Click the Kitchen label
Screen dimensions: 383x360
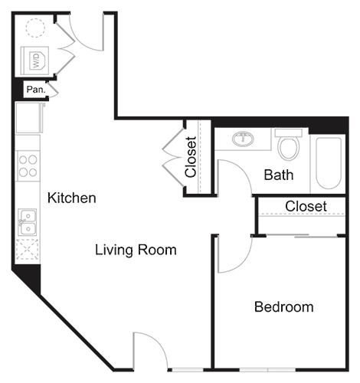tap(72, 198)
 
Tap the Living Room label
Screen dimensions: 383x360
tap(136, 250)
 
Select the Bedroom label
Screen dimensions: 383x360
tap(283, 307)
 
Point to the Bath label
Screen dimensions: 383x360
tap(278, 175)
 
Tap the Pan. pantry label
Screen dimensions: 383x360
tap(35, 90)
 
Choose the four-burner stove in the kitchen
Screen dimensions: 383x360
tap(28, 166)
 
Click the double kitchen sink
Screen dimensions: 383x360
tap(28, 222)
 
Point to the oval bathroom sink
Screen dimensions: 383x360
tap(244, 139)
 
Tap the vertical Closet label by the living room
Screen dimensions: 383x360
tap(191, 156)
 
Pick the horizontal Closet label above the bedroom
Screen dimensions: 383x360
tap(306, 207)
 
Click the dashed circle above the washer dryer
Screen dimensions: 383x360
tap(36, 28)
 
